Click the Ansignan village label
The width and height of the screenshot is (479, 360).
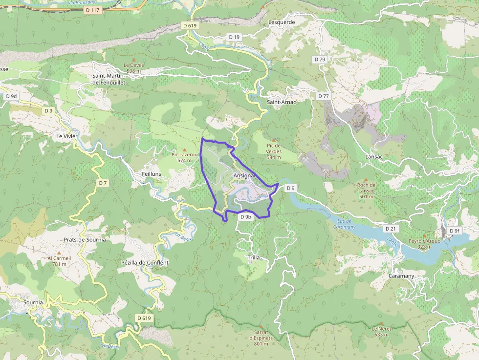click(244, 175)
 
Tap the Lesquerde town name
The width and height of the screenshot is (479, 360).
click(282, 22)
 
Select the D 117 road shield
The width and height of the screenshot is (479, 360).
click(92, 10)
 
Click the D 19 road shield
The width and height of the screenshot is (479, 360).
click(234, 37)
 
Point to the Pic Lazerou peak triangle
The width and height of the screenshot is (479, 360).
click(184, 149)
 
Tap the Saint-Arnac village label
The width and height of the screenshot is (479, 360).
click(282, 102)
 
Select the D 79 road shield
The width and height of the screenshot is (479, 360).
click(320, 59)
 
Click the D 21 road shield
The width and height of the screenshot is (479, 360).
click(390, 229)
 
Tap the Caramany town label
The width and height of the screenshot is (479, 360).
click(401, 276)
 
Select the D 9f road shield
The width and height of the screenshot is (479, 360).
click(454, 231)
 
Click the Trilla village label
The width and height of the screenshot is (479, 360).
click(254, 257)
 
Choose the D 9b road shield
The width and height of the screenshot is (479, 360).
click(245, 217)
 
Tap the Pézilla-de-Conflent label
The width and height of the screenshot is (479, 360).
click(145, 263)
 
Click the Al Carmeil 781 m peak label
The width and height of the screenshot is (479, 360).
click(59, 261)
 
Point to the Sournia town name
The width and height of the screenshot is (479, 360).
click(33, 302)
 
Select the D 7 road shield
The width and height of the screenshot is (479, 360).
click(102, 183)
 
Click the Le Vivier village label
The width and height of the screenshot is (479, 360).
click(67, 136)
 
